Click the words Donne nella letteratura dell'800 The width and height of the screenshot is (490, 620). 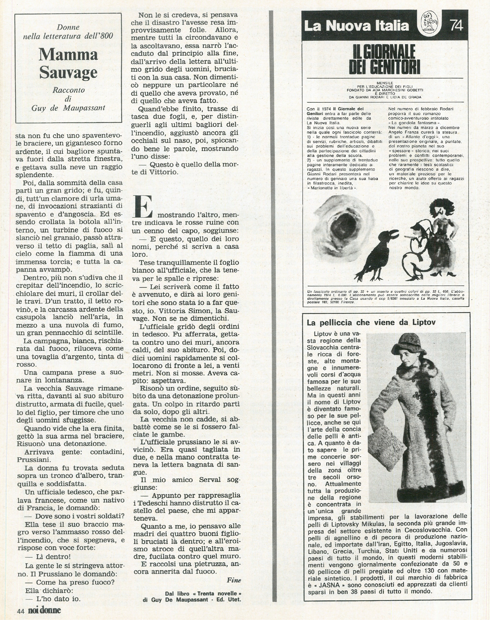pyautogui.click(x=68, y=32)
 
